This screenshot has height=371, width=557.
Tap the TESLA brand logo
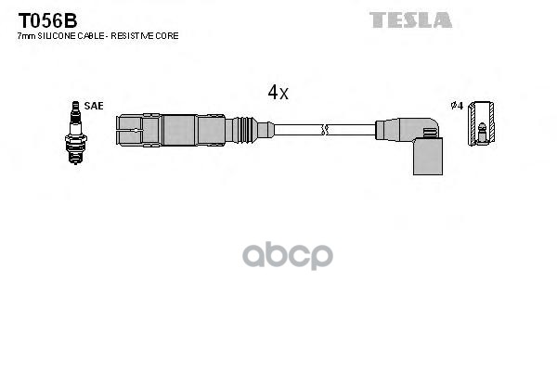[x=410, y=19]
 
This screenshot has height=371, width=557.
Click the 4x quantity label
[x=278, y=92]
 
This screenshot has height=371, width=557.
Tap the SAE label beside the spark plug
[x=93, y=106]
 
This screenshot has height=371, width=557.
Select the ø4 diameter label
[x=456, y=106]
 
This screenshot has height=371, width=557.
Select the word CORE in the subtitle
[x=168, y=35]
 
